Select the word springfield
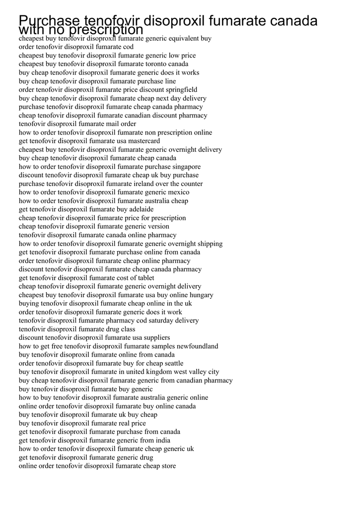point(180,90)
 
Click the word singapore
point(187,167)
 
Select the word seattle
point(170,363)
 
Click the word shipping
point(209,244)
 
